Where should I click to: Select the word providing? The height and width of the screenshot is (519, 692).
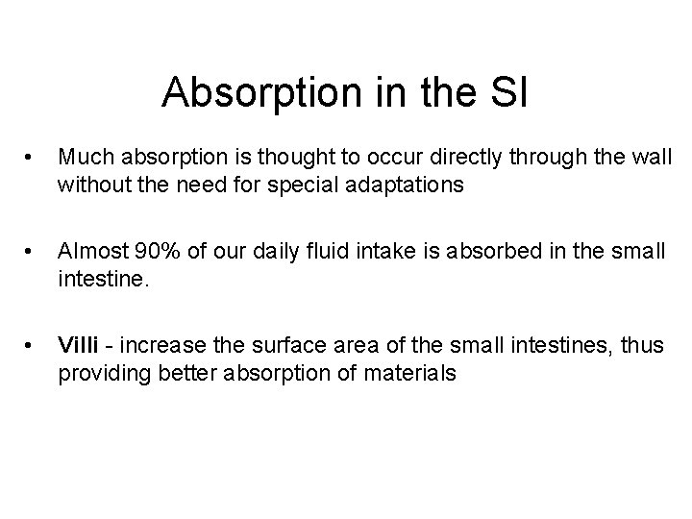pos(98,371)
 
